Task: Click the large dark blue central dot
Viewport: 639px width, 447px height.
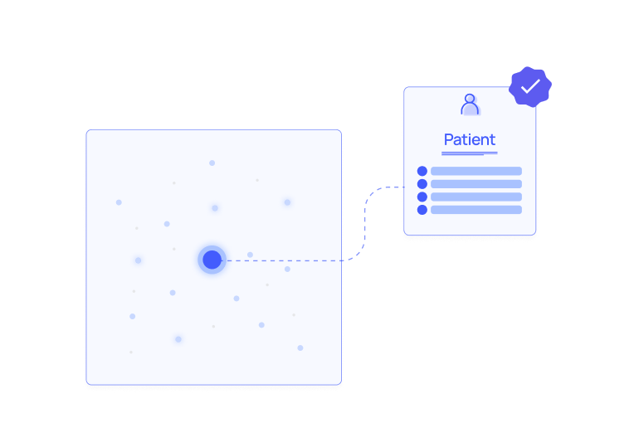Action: (212, 260)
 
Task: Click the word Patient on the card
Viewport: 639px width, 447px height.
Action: (470, 140)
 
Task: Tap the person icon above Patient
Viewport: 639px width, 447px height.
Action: (470, 105)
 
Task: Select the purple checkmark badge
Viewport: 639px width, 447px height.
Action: (530, 86)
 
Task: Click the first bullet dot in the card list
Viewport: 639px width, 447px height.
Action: (422, 171)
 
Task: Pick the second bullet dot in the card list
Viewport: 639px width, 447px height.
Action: (422, 184)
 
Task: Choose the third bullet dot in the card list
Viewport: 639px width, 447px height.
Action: (422, 197)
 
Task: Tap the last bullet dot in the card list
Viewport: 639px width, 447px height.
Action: (422, 210)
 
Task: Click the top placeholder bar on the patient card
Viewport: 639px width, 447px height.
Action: (476, 171)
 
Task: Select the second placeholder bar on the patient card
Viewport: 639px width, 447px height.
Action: (476, 184)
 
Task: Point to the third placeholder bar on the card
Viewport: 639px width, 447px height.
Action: (476, 197)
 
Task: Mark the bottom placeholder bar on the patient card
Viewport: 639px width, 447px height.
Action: (476, 210)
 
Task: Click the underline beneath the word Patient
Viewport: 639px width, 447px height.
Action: (470, 153)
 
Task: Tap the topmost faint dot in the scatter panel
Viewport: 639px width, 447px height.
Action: (212, 163)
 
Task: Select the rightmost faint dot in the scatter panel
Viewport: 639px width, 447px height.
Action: (300, 347)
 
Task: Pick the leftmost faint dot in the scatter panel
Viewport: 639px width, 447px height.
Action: (119, 202)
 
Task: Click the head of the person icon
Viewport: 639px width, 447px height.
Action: (470, 100)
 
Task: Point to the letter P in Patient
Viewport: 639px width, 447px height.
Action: (449, 140)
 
